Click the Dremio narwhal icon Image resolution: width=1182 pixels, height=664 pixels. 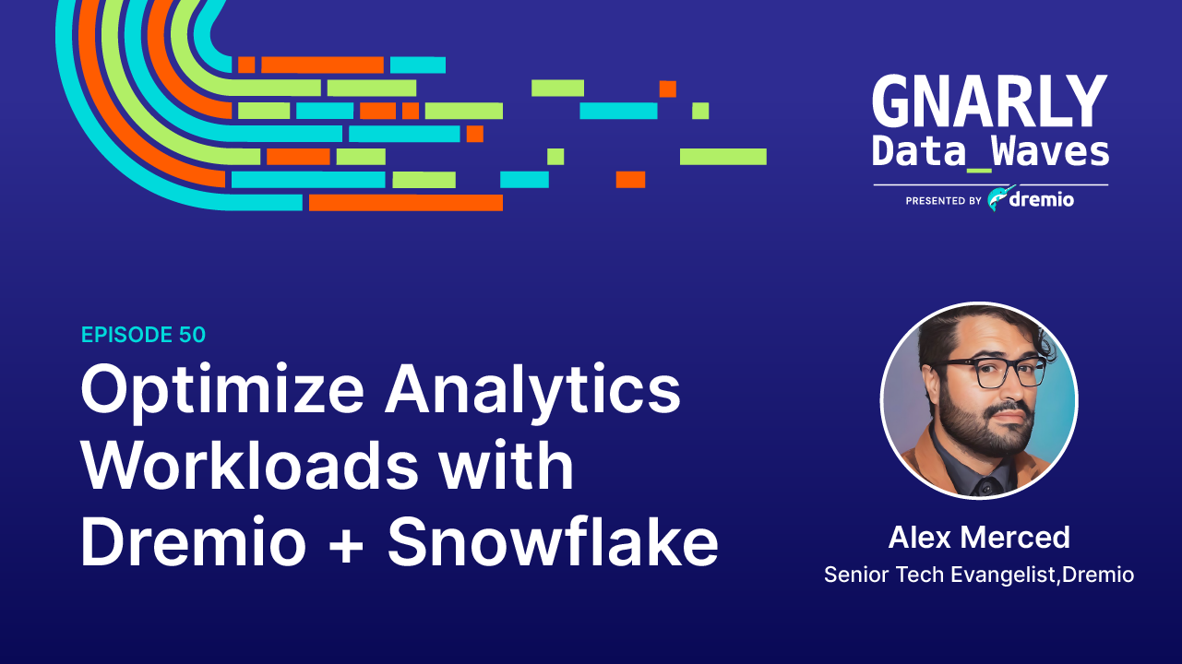pyautogui.click(x=997, y=198)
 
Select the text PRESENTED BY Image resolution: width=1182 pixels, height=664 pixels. pyautogui.click(x=943, y=200)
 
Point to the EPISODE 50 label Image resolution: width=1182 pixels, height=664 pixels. pyautogui.click(x=143, y=335)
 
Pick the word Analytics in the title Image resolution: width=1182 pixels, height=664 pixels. pyautogui.click(x=532, y=390)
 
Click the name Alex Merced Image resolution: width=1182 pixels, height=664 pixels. pyautogui.click(x=979, y=537)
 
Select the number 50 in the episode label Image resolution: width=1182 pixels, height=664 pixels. pyautogui.click(x=190, y=335)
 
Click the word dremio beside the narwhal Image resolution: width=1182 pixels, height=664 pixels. pyautogui.click(x=1041, y=199)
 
